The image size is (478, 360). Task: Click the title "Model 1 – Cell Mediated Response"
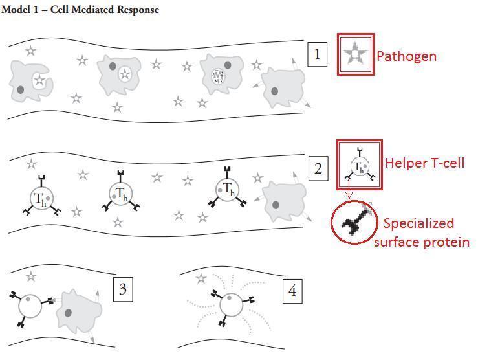click(80, 10)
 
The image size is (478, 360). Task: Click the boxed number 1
click(317, 54)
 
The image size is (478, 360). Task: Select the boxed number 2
click(318, 169)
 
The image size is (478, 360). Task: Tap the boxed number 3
click(123, 290)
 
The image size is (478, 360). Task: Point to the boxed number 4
click(292, 291)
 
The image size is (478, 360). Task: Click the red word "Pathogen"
click(406, 56)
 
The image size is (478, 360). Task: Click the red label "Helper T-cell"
click(424, 163)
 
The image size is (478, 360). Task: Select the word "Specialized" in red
click(418, 223)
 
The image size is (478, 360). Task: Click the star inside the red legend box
click(355, 54)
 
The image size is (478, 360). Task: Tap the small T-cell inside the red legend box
click(358, 166)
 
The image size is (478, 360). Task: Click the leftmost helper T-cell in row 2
click(40, 197)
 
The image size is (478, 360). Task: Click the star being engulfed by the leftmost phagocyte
click(39, 81)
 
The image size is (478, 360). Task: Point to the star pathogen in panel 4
click(201, 278)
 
